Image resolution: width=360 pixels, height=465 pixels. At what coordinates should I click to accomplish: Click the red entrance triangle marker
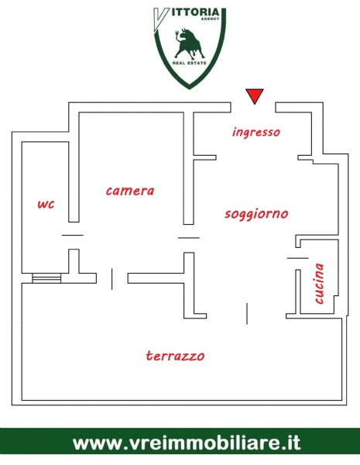pyautogui.click(x=255, y=95)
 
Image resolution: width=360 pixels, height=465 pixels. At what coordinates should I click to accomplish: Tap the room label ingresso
pyautogui.click(x=256, y=133)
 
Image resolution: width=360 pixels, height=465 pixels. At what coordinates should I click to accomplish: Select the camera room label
pyautogui.click(x=130, y=191)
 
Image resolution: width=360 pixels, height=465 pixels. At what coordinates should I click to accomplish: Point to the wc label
pyautogui.click(x=46, y=204)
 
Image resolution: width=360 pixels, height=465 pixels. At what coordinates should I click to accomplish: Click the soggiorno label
pyautogui.click(x=256, y=214)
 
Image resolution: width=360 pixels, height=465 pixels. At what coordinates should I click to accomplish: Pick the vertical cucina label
pyautogui.click(x=319, y=284)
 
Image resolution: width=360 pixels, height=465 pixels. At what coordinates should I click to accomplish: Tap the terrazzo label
pyautogui.click(x=176, y=355)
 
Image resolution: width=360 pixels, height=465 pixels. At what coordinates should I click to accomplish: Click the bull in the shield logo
pyautogui.click(x=189, y=43)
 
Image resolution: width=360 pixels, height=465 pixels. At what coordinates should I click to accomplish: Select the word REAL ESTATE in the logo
pyautogui.click(x=190, y=63)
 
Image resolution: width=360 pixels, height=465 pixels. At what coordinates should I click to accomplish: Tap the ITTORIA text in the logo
pyautogui.click(x=195, y=12)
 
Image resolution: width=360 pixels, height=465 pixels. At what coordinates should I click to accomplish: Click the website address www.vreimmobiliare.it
pyautogui.click(x=187, y=443)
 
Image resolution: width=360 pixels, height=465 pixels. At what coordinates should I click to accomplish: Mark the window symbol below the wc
pyautogui.click(x=46, y=278)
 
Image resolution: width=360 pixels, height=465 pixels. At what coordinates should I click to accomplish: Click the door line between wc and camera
pyautogui.click(x=73, y=235)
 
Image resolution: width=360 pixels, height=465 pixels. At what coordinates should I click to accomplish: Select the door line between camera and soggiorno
pyautogui.click(x=189, y=238)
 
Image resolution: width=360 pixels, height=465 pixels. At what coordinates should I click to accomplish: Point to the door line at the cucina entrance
pyautogui.click(x=298, y=258)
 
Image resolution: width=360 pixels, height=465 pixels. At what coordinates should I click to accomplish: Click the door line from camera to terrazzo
pyautogui.click(x=111, y=279)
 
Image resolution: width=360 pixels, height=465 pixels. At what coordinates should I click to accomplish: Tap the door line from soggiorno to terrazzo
pyautogui.click(x=247, y=313)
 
